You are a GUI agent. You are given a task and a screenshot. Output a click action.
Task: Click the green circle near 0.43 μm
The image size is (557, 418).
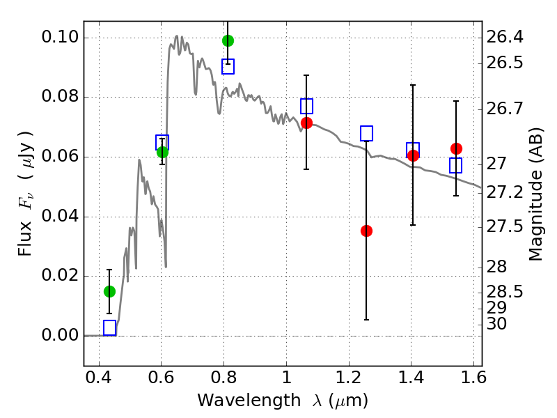(x=109, y=291)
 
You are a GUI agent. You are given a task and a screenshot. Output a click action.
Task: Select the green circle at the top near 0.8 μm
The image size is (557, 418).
(x=228, y=41)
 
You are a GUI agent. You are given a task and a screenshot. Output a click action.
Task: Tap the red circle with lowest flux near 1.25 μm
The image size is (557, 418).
(x=367, y=231)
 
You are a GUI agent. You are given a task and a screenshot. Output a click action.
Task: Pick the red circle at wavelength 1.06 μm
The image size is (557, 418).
(x=306, y=123)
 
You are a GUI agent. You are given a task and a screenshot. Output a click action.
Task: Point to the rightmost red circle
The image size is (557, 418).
(x=456, y=148)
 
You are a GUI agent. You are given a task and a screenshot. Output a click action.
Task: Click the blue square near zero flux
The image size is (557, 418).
(x=110, y=327)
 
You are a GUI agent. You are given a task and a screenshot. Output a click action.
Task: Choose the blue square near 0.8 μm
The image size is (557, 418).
(x=228, y=66)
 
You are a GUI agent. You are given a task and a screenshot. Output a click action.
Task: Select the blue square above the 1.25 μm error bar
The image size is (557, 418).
(x=367, y=133)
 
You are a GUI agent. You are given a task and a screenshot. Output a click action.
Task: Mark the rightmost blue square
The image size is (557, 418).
(x=456, y=165)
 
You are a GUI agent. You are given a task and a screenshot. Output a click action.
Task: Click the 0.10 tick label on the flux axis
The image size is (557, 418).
(x=60, y=37)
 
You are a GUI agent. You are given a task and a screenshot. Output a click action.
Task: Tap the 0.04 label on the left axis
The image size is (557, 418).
(x=60, y=216)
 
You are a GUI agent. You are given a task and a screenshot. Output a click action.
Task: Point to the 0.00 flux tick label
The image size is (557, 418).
(x=60, y=335)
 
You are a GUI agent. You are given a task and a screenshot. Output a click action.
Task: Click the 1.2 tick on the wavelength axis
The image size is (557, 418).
(x=349, y=378)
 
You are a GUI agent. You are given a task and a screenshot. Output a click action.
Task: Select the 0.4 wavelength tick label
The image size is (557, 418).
(x=99, y=378)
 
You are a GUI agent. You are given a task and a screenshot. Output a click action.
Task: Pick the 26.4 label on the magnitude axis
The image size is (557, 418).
(x=505, y=37)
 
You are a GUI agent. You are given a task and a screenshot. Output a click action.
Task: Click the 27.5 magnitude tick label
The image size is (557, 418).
(x=505, y=227)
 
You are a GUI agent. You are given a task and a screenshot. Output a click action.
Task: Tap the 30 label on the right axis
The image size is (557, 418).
(x=496, y=324)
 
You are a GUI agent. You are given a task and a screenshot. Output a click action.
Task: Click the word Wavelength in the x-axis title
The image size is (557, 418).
(x=249, y=401)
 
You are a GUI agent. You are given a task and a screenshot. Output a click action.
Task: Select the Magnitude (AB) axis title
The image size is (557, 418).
(x=536, y=194)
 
